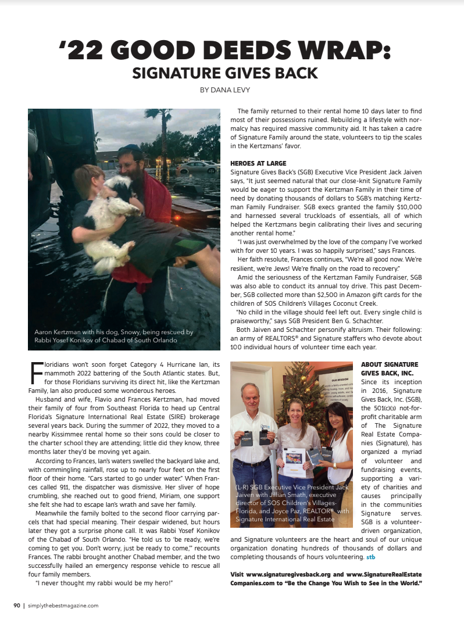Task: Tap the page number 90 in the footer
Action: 17,605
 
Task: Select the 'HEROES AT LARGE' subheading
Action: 258,163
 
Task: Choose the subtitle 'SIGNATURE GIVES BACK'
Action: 225,73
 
